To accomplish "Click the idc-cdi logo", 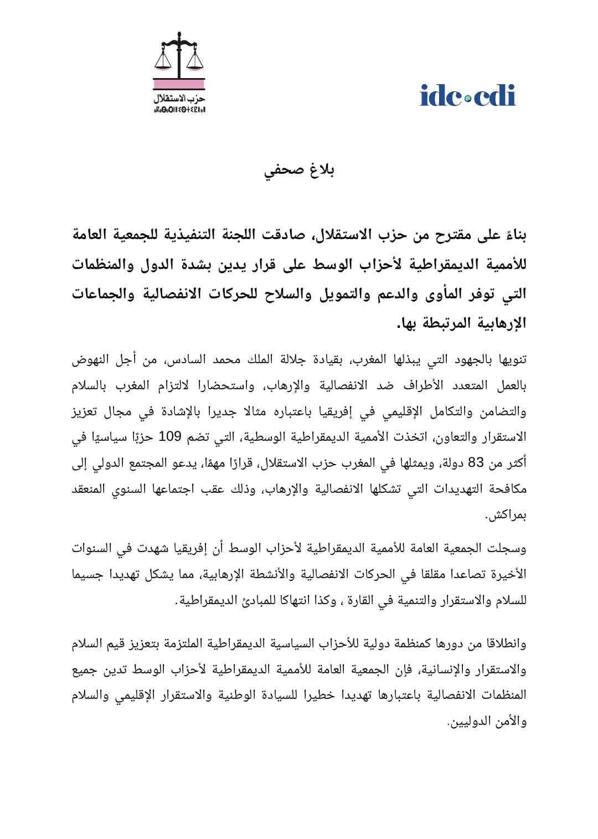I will (468, 96).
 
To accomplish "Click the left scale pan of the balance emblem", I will (163, 63).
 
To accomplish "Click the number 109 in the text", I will (170, 437).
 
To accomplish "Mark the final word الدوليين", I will (468, 722).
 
